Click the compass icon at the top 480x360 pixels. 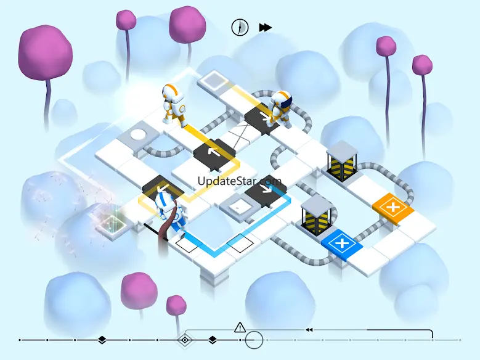tap(240, 27)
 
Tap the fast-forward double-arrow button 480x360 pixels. tap(266, 27)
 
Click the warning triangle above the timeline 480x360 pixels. tap(240, 327)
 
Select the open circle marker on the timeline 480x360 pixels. tap(254, 340)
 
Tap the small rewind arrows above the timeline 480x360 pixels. tap(309, 330)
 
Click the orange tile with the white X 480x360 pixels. tap(391, 205)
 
